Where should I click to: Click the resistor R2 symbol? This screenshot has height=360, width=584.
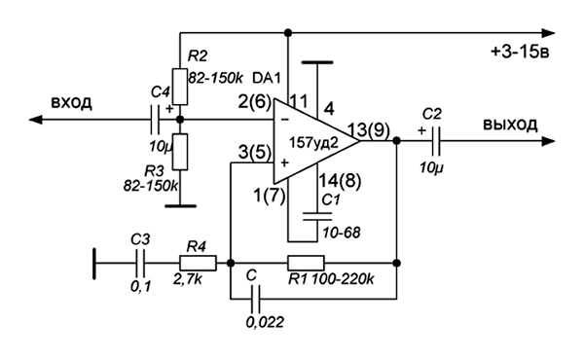(x=180, y=87)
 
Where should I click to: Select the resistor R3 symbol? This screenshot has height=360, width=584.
(x=180, y=152)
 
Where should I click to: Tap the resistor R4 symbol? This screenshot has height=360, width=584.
(x=198, y=263)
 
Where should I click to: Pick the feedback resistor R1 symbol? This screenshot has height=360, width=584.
(x=306, y=263)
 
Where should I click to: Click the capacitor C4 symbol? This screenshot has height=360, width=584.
(x=155, y=120)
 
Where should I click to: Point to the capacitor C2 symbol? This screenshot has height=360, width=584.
(x=436, y=141)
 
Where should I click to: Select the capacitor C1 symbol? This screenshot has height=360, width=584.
(x=317, y=217)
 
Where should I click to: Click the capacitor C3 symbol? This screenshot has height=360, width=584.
(x=140, y=263)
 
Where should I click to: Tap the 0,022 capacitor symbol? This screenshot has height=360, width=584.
(x=255, y=299)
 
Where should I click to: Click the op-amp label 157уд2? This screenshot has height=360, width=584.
(x=313, y=143)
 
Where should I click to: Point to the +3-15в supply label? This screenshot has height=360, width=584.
(x=520, y=52)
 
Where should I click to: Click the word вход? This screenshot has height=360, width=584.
(x=71, y=103)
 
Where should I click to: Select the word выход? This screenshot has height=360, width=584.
(x=510, y=125)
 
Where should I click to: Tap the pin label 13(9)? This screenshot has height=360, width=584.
(x=368, y=130)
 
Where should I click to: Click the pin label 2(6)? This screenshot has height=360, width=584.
(x=255, y=101)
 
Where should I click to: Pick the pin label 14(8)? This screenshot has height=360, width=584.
(x=340, y=181)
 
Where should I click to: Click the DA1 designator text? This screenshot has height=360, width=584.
(x=267, y=78)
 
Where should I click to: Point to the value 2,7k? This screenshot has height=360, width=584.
(x=188, y=279)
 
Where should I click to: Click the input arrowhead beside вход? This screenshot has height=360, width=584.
(x=36, y=120)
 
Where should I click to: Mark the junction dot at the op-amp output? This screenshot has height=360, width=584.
(x=397, y=141)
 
